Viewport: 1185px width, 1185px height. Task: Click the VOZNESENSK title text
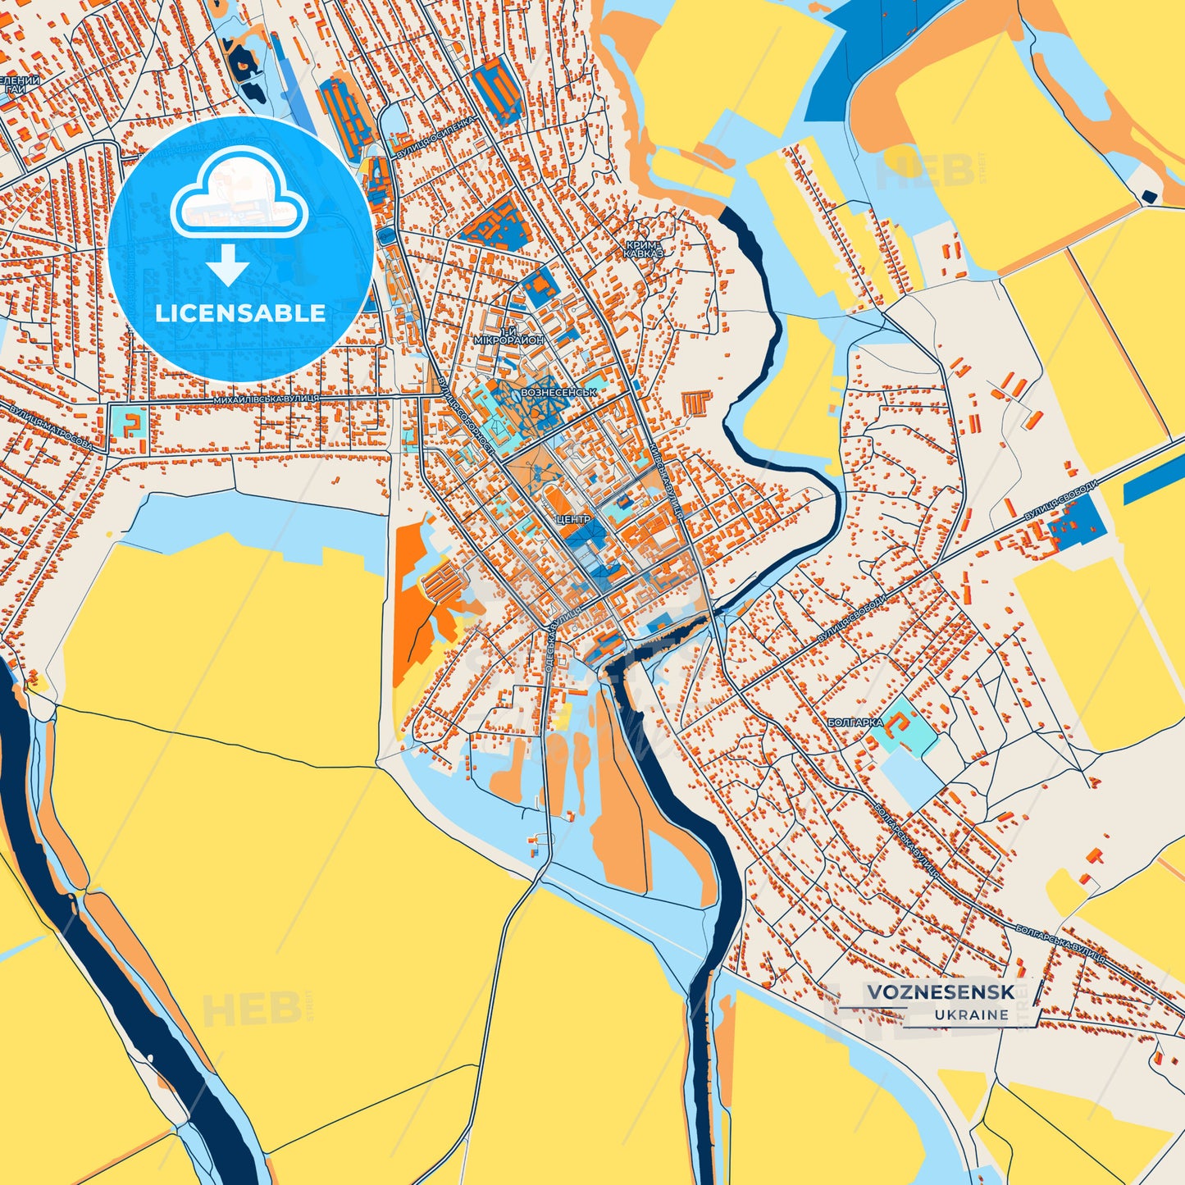(941, 992)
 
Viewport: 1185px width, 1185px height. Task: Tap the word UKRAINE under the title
(971, 1014)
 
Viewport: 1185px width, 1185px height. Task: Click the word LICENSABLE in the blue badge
(240, 313)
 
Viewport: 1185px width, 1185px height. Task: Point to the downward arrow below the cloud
(228, 267)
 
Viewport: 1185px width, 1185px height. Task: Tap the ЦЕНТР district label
(572, 520)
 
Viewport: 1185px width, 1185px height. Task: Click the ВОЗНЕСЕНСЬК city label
(558, 393)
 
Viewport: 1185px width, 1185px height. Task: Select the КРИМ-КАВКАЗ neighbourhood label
(642, 249)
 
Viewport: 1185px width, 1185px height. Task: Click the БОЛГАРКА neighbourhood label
(855, 722)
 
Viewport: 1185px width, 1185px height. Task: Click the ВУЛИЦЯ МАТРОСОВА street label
(52, 427)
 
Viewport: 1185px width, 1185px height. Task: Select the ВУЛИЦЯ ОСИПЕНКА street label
(434, 138)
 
